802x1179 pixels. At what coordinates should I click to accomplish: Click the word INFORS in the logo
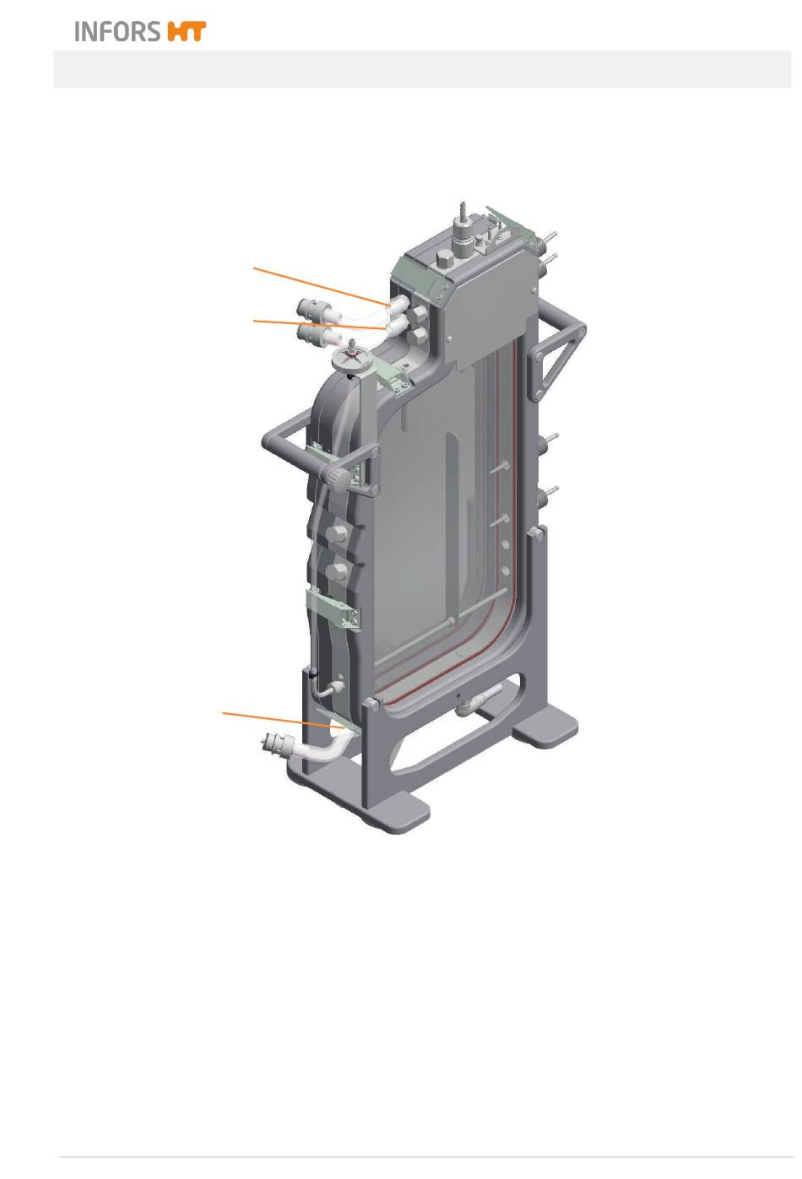117,31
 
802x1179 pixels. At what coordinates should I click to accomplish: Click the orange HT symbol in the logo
187,31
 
